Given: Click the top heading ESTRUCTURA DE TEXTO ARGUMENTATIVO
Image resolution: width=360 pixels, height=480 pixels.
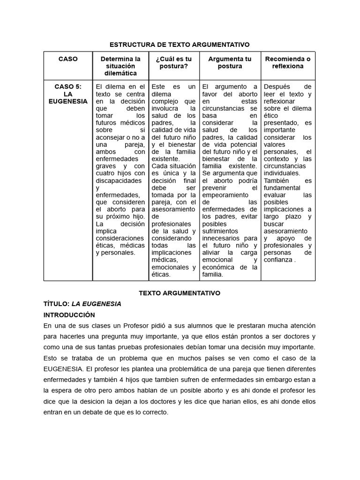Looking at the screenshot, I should (x=180, y=45).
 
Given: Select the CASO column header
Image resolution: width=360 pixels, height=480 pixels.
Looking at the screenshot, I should (x=68, y=59).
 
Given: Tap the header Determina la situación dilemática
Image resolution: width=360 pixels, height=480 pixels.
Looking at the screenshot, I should (x=120, y=66).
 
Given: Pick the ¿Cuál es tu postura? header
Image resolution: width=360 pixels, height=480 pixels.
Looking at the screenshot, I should (x=173, y=62).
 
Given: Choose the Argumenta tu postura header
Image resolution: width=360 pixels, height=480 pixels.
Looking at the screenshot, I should (x=230, y=62).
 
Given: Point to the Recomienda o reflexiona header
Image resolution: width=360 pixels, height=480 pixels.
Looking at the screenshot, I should (x=288, y=62).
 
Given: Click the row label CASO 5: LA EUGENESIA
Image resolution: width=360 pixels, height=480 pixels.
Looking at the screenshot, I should (x=68, y=94).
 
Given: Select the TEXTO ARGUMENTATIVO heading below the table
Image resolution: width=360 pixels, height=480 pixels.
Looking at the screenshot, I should (x=180, y=293).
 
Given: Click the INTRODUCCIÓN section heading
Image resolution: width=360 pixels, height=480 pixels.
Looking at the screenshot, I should (x=69, y=315).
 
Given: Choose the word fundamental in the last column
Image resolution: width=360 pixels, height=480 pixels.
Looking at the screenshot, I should (x=282, y=188).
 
